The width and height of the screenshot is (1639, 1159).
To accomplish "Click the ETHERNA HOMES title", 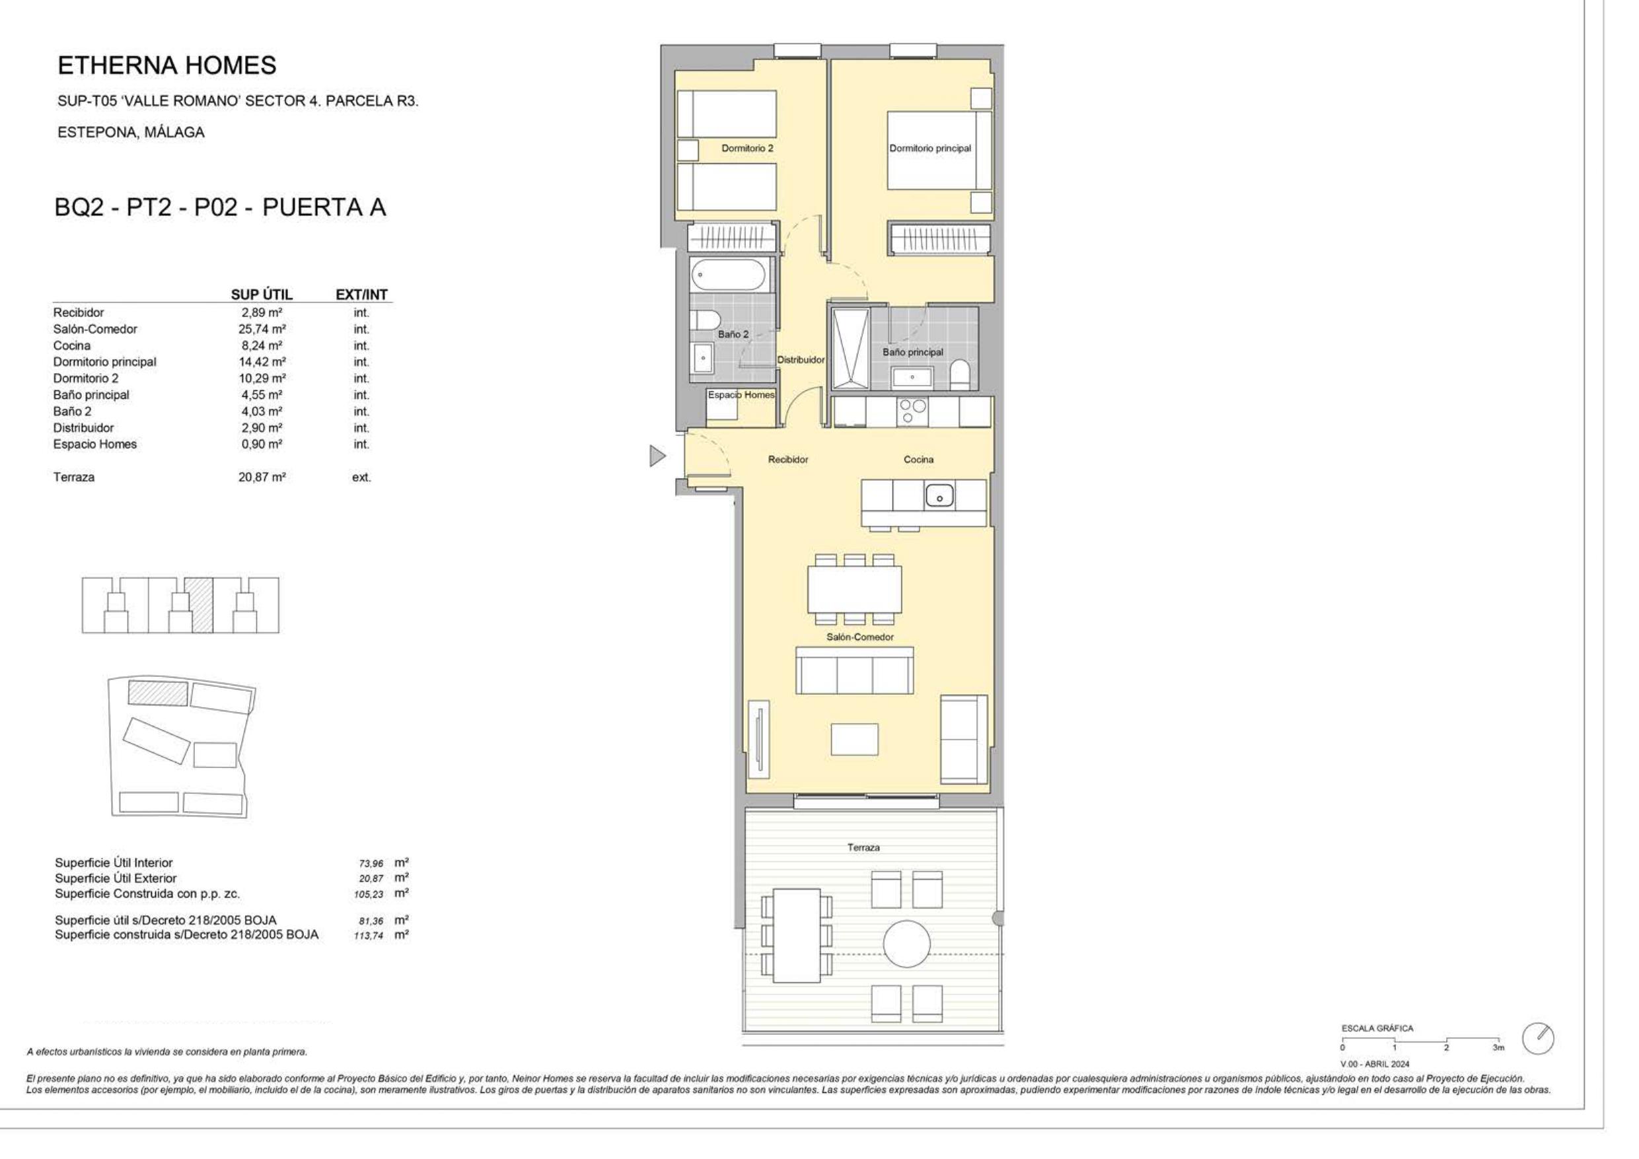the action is [167, 65].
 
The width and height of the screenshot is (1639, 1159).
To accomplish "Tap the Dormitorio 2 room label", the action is [747, 149].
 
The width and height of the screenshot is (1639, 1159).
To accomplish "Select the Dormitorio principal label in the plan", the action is [930, 149].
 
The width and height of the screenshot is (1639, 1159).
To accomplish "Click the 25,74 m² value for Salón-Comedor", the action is [262, 329].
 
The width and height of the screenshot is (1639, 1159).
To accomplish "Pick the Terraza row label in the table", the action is [73, 477].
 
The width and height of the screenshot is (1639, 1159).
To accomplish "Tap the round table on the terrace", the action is [906, 944].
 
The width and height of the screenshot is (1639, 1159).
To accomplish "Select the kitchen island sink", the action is [940, 495].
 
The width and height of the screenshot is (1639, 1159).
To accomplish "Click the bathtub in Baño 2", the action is [729, 275].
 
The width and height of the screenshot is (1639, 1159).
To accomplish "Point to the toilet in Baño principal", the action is [960, 374].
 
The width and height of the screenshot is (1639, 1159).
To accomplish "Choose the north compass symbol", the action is [1539, 1039].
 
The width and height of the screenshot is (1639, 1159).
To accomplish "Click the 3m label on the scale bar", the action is [1498, 1047].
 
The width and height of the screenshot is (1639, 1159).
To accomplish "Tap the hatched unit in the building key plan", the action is [198, 604].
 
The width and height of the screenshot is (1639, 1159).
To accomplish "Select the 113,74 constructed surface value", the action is [369, 936].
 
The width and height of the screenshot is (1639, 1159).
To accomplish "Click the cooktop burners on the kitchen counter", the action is [912, 411].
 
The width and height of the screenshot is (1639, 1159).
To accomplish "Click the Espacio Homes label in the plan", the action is [741, 395].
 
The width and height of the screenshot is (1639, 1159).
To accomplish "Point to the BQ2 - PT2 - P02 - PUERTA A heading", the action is [220, 207].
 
